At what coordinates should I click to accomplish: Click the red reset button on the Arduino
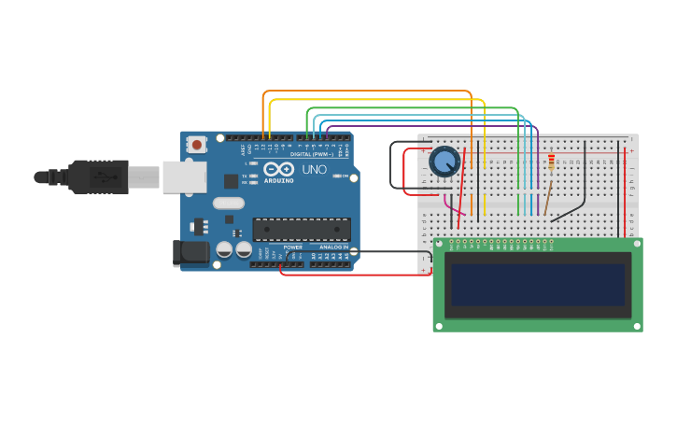pos(196,145)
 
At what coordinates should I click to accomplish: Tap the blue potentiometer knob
pos(444,162)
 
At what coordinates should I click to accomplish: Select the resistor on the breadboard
pos(551,163)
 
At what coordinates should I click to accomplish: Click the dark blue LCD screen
pos(538,285)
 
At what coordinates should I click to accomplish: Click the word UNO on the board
pos(314,170)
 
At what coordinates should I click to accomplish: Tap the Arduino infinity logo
pos(278,170)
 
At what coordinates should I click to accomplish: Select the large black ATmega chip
pos(302,230)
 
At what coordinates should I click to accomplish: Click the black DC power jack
pos(190,252)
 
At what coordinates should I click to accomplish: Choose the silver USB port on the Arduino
pos(184,176)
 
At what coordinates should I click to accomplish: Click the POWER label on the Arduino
pos(293,247)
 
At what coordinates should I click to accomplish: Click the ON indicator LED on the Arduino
pos(336,176)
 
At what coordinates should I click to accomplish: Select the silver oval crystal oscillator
pos(228,203)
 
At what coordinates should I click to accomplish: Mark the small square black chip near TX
pos(231,181)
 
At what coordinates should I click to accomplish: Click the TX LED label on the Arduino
pos(245,175)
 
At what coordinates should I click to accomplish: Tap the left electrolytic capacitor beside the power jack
pos(225,249)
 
